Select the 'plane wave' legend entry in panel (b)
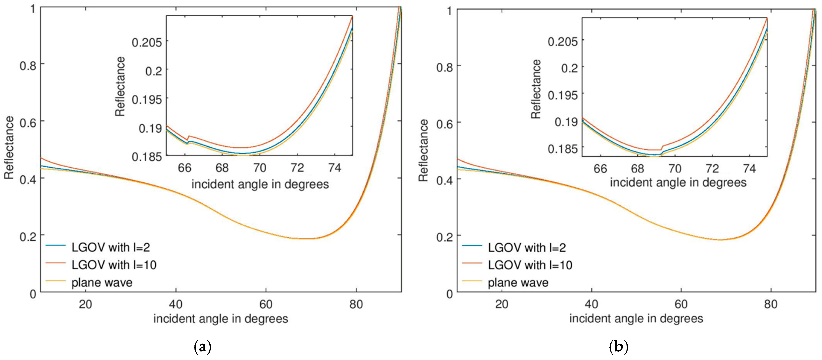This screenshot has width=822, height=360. (518, 283)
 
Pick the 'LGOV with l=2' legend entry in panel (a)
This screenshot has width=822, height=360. (110, 247)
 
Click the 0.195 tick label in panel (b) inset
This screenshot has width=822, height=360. (563, 95)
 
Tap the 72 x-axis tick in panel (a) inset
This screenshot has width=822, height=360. (297, 168)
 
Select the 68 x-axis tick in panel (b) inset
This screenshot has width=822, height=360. (638, 168)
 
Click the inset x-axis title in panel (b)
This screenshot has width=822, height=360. (678, 183)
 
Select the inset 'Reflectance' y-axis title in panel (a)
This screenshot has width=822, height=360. (120, 86)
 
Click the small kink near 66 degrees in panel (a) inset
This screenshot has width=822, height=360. (188, 138)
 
